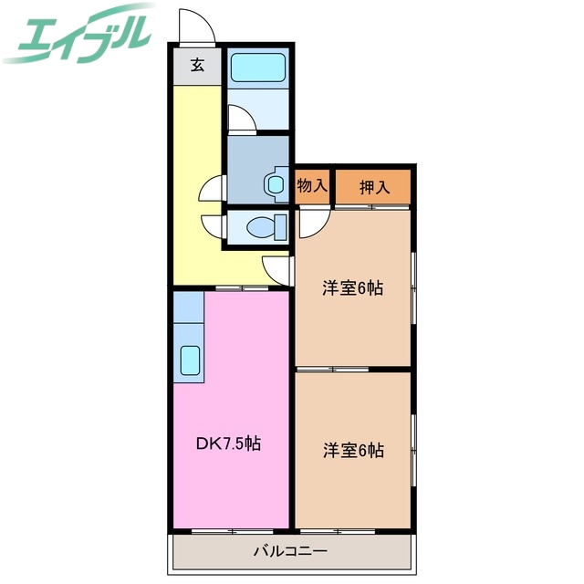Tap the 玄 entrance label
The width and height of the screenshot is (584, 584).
coord(197,66)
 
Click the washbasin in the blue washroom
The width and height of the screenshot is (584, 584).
coord(275,183)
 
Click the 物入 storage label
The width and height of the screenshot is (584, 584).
coord(312,186)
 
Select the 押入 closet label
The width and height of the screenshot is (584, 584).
coord(374,187)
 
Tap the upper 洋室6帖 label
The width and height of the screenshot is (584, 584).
coord(352,288)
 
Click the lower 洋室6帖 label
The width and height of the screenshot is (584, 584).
coord(352,450)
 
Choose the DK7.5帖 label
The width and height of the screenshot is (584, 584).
coord(229,444)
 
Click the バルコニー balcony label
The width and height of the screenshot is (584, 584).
coord(290,551)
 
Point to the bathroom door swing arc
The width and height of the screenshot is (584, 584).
coord(239,120)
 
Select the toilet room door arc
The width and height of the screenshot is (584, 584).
coord(212,225)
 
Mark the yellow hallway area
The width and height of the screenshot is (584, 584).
coord(197,182)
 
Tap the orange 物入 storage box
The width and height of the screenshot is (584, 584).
coord(312,186)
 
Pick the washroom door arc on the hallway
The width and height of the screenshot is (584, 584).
coord(212,188)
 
